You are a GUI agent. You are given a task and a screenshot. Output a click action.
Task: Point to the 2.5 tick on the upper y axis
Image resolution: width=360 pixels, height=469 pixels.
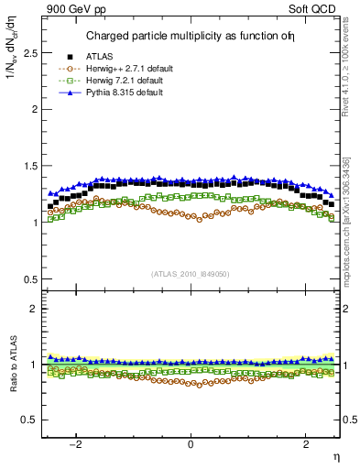tap(30, 53)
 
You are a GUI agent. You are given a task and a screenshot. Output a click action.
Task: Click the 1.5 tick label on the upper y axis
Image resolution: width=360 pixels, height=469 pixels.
tap(30, 166)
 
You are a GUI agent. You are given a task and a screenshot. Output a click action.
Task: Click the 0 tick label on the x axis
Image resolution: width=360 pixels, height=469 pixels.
tap(191, 444)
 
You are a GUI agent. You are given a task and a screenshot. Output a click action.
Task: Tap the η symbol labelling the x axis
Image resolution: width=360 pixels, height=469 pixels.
tap(336, 455)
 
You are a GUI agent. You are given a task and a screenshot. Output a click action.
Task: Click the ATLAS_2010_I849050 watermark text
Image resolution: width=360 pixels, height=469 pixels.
tap(191, 273)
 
